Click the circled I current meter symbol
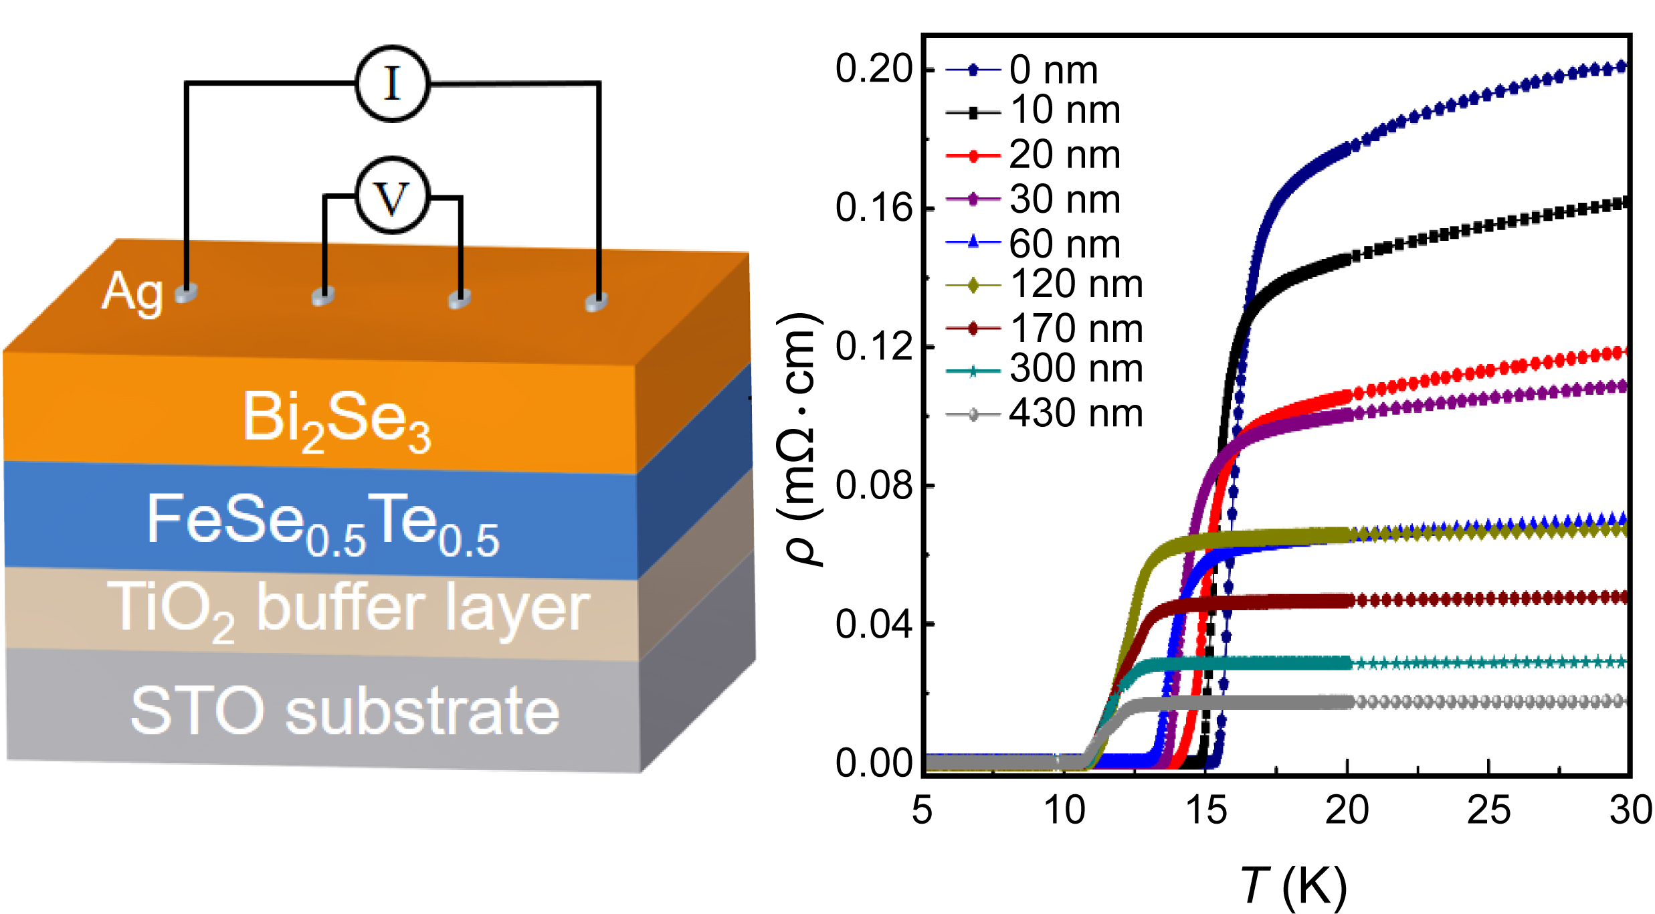(x=392, y=84)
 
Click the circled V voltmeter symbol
(x=392, y=196)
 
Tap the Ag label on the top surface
(x=132, y=293)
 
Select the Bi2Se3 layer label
(x=336, y=420)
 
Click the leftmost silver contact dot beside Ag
(x=187, y=293)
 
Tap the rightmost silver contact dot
(x=596, y=302)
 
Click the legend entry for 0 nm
(x=1053, y=70)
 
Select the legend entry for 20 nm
(x=1064, y=155)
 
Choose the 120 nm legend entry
(x=1075, y=285)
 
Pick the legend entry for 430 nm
(x=1075, y=414)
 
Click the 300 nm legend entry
(x=1075, y=369)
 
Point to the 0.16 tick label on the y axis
(x=873, y=209)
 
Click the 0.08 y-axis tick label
(x=873, y=486)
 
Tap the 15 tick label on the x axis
(x=1205, y=811)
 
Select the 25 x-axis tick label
(x=1488, y=811)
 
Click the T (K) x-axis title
(x=1294, y=886)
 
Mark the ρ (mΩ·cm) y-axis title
(x=799, y=439)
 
